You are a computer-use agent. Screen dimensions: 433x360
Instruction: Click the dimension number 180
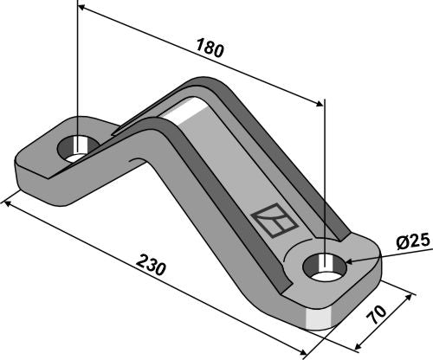coord(210,47)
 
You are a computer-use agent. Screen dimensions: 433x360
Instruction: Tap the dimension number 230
coord(151,265)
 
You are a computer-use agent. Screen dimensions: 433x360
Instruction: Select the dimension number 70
coord(377,314)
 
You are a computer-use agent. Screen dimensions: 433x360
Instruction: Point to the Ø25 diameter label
coord(413,243)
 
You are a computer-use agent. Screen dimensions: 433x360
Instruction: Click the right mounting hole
coord(325,267)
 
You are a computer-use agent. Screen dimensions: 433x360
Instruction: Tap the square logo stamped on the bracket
coord(274,220)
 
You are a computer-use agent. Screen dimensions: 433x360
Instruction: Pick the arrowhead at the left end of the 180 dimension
coord(81,7)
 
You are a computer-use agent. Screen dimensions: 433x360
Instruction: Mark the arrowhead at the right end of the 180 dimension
coord(320,104)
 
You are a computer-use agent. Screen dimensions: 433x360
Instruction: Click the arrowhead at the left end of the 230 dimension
coord(7,204)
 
